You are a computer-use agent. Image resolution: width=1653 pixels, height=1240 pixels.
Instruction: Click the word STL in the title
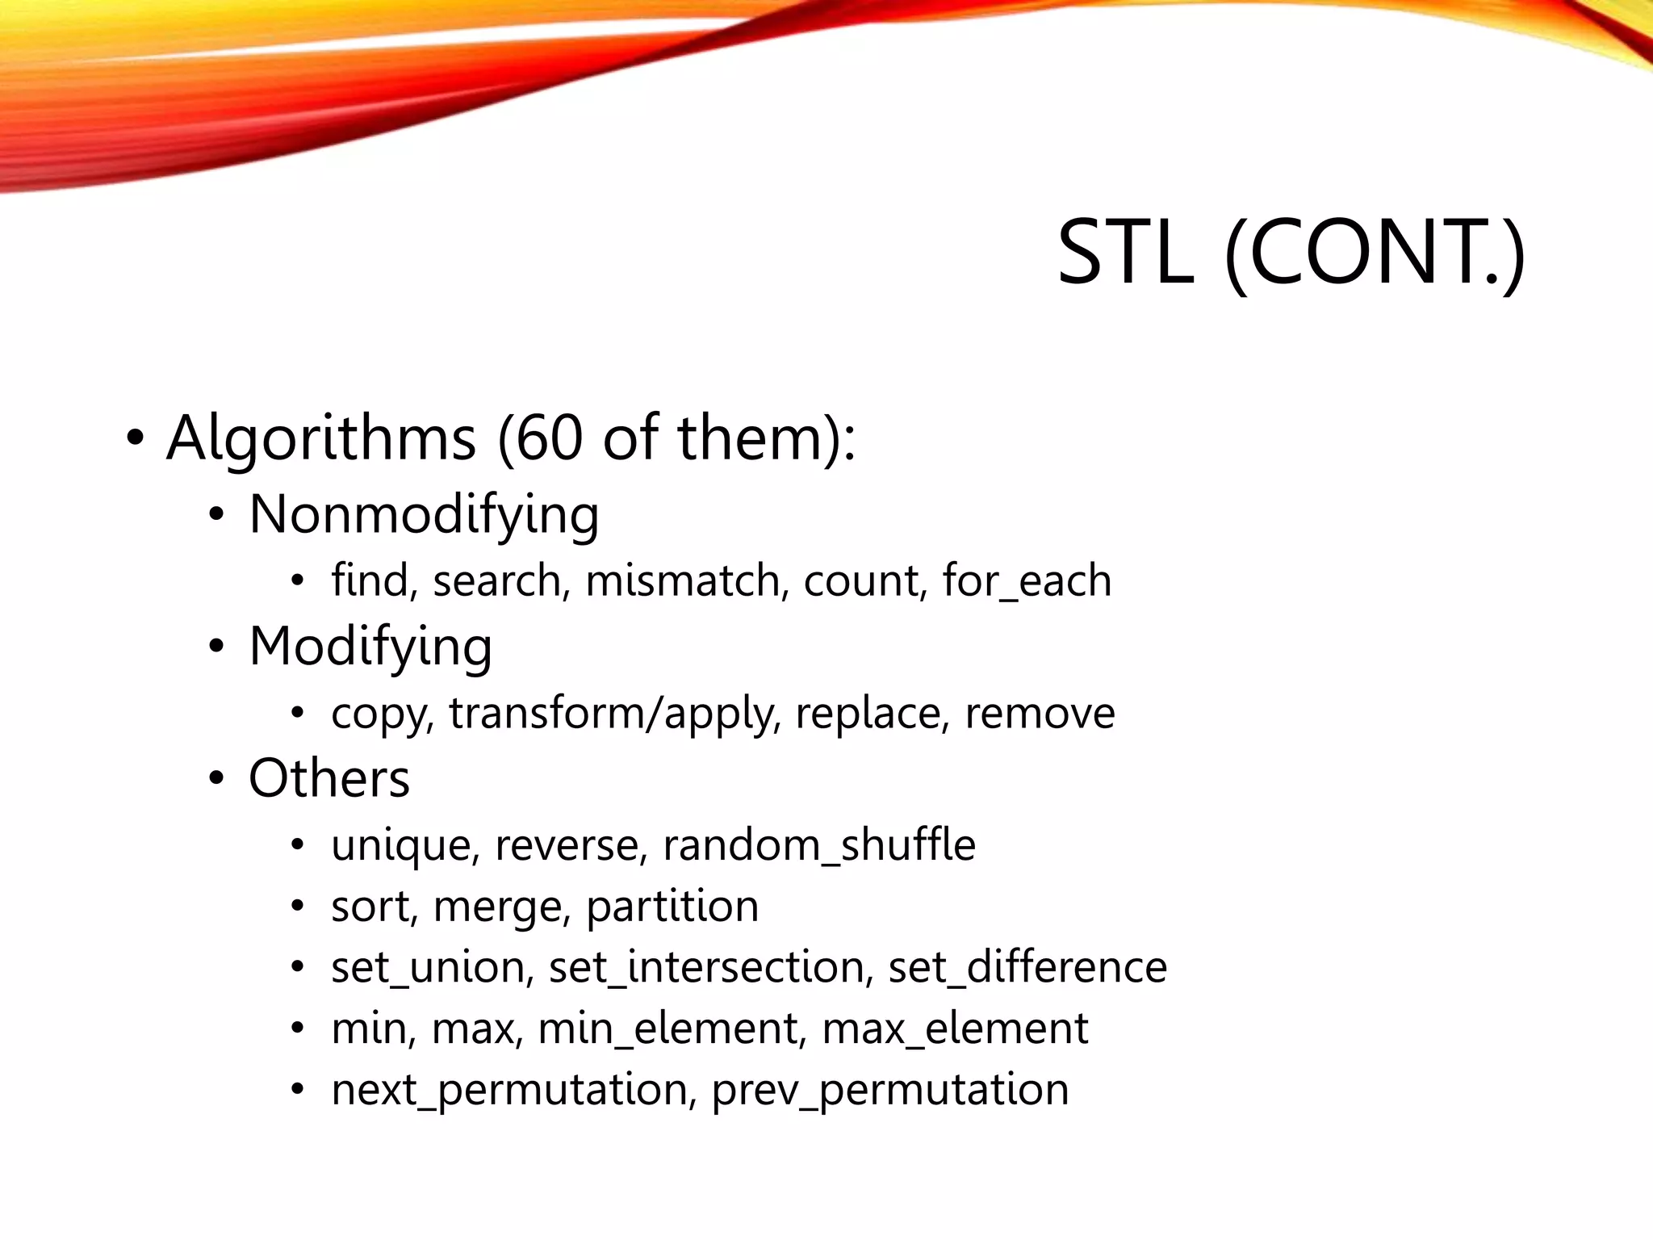point(1125,253)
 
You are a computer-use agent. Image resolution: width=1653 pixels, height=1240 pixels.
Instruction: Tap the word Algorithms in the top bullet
point(320,438)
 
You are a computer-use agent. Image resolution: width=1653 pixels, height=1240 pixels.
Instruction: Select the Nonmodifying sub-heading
point(424,514)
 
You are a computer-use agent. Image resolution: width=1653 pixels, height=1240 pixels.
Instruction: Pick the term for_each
point(1027,580)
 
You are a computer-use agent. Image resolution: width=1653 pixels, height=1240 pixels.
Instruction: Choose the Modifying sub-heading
point(370,647)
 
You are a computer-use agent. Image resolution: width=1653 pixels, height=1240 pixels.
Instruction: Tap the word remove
point(1040,713)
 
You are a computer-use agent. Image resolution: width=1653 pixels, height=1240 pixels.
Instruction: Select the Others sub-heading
point(329,778)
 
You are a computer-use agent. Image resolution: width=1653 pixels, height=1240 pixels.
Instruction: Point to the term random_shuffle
point(818,845)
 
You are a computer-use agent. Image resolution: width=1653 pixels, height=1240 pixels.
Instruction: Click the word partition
point(672,907)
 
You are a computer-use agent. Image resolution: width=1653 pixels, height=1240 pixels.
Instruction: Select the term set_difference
point(1027,967)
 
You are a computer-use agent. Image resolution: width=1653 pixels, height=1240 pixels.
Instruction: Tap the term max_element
point(955,1028)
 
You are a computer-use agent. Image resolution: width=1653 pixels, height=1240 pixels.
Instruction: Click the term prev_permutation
point(890,1090)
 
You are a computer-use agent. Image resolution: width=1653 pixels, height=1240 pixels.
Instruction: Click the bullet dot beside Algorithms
point(135,438)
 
